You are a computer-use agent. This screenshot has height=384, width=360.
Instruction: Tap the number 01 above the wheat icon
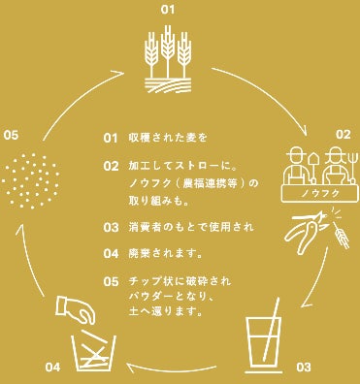pyautogui.click(x=168, y=10)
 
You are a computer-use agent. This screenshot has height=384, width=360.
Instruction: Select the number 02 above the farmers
pyautogui.click(x=343, y=134)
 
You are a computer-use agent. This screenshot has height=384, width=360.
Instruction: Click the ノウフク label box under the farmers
pyautogui.click(x=320, y=193)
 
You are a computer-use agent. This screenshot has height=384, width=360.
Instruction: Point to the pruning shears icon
pyautogui.click(x=306, y=231)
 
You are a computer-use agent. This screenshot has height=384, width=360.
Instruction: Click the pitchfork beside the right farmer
pyautogui.click(x=351, y=168)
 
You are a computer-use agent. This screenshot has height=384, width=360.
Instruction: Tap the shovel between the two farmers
pyautogui.click(x=313, y=168)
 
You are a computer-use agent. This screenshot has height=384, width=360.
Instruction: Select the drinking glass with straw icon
pyautogui.click(x=264, y=336)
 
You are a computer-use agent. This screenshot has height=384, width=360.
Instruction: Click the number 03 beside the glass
pyautogui.click(x=303, y=368)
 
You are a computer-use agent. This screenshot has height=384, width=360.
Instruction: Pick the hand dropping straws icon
pyautogui.click(x=75, y=308)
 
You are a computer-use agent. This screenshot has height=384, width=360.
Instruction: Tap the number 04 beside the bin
pyautogui.click(x=52, y=368)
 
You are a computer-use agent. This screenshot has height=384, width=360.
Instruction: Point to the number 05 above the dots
pyautogui.click(x=12, y=135)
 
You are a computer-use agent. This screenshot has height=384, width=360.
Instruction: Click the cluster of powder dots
pyautogui.click(x=31, y=180)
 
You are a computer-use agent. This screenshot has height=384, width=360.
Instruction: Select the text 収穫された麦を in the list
pyautogui.click(x=168, y=138)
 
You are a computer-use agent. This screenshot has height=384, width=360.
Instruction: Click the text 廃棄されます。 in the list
pyautogui.click(x=166, y=253)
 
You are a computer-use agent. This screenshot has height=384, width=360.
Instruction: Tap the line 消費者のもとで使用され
pyautogui.click(x=191, y=227)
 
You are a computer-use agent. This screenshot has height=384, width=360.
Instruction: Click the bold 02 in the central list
pyautogui.click(x=111, y=166)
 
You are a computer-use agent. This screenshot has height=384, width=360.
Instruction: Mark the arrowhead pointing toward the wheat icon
pyautogui.click(x=118, y=74)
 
